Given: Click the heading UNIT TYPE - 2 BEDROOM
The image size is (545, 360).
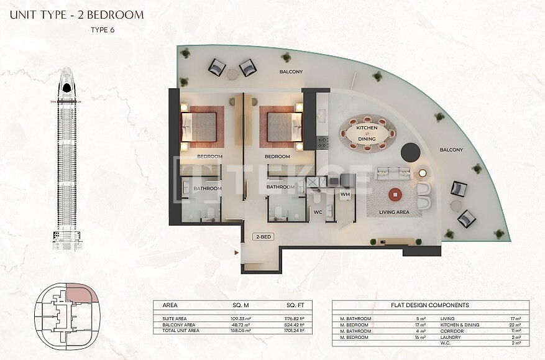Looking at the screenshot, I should pos(76,14).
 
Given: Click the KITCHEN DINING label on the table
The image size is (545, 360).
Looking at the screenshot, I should pos(367,132).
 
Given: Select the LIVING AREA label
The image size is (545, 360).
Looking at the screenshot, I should pos(394,213).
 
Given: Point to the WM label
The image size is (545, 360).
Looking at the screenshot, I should pos(346,195).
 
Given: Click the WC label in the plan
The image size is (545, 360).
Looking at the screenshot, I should pos(318,213).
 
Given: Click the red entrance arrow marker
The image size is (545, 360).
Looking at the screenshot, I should pos(236,253).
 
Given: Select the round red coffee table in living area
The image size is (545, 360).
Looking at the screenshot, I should pos(395,195).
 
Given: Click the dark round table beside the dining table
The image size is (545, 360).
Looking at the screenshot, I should pos(410,151).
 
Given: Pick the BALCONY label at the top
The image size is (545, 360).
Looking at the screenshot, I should pos(291,72).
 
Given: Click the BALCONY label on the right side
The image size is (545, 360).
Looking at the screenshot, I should pos(451,150).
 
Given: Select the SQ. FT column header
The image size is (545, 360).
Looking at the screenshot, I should pos(295,306).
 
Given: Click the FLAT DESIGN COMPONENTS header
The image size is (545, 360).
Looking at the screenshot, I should pos(430,305).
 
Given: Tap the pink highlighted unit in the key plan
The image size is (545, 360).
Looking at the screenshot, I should pos(80,294).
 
